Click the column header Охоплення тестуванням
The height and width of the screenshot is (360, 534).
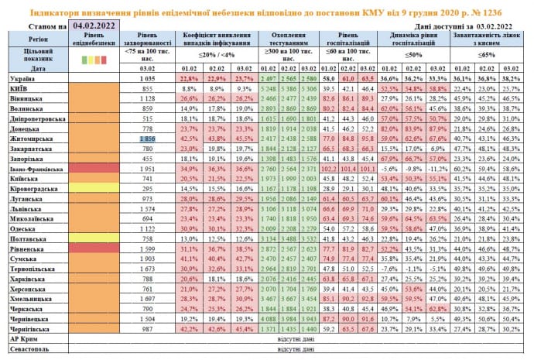[289, 42]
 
